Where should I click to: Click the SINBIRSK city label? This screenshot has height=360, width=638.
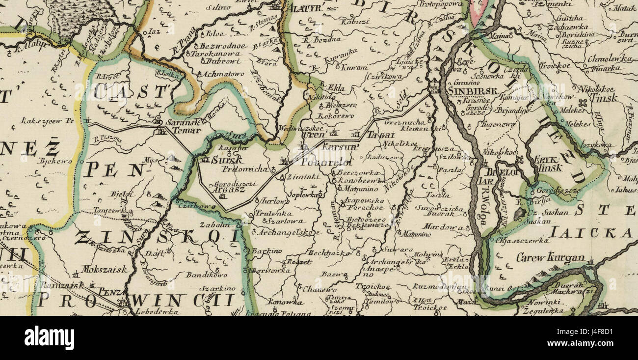(473, 90)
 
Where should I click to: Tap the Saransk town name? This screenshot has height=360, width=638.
(184, 122)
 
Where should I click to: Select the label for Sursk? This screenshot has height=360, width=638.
(227, 160)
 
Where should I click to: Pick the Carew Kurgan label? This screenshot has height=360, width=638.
(550, 257)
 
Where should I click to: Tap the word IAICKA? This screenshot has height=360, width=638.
(591, 233)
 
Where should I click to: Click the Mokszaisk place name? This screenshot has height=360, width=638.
(105, 269)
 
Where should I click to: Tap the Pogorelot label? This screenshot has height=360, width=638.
(320, 162)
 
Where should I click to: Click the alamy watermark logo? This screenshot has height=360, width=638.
(49, 338)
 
